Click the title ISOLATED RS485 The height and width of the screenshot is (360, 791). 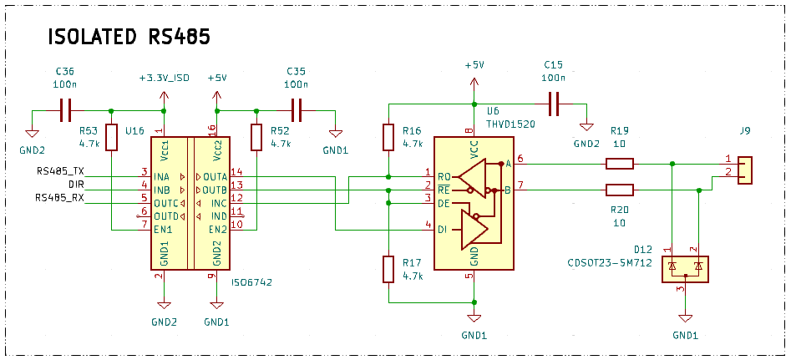[x=128, y=38]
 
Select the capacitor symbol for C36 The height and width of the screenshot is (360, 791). [x=66, y=109]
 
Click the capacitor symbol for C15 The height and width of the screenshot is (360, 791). [x=552, y=104]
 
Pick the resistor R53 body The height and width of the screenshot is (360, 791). [x=111, y=138]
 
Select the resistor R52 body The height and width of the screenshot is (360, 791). [x=256, y=138]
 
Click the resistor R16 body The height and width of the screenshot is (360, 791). [x=388, y=138]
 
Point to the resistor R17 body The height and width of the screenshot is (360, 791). [x=388, y=270]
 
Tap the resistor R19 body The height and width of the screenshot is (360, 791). [x=619, y=164]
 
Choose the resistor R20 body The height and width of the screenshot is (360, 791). [x=619, y=190]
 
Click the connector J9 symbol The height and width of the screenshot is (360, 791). [x=745, y=170]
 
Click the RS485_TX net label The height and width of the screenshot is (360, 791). [x=60, y=171]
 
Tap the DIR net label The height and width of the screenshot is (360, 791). [x=76, y=184]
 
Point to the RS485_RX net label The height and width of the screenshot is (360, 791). [x=60, y=198]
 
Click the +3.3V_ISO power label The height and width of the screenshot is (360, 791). [x=164, y=78]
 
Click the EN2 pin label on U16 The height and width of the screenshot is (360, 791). [x=217, y=229]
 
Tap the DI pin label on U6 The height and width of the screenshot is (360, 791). [x=443, y=229]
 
